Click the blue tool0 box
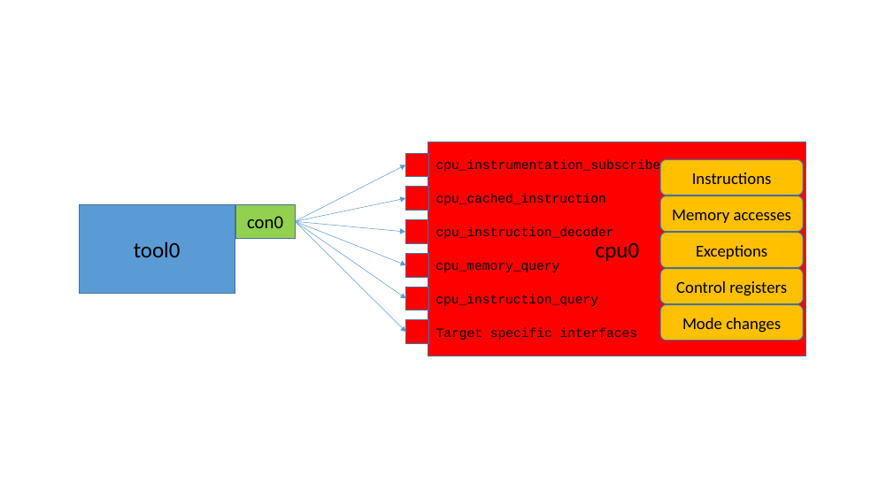coord(157,249)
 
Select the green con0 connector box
coord(265,222)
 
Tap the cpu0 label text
coord(617,251)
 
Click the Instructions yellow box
coord(731,178)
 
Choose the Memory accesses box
coord(731,214)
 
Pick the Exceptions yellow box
coord(731,250)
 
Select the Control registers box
coord(731,287)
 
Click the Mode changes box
coord(731,323)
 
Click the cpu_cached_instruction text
coord(520,199)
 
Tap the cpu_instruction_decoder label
coord(524,233)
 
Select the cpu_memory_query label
coord(497,266)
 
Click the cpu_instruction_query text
coord(517,300)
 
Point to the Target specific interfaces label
coord(536,333)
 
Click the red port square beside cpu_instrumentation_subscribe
coord(417,165)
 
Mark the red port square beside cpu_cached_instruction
coord(417,198)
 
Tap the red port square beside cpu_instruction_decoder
coord(417,232)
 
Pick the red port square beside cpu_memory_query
coord(417,265)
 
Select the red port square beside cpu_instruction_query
coord(417,299)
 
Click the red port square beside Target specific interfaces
coord(417,332)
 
